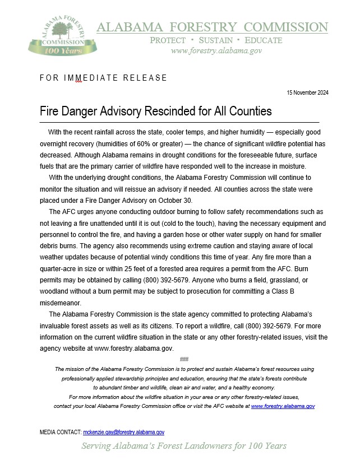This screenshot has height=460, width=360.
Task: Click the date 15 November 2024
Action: tap(307, 92)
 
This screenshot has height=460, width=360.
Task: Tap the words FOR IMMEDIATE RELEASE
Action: tap(103, 78)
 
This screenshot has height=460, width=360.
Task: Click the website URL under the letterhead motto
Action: tap(216, 50)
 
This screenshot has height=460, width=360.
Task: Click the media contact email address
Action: tap(123, 432)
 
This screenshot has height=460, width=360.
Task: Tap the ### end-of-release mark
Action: tap(184, 359)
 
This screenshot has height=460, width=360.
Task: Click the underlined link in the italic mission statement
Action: tap(283, 406)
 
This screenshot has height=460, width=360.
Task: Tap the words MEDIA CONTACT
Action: tap(61, 432)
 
